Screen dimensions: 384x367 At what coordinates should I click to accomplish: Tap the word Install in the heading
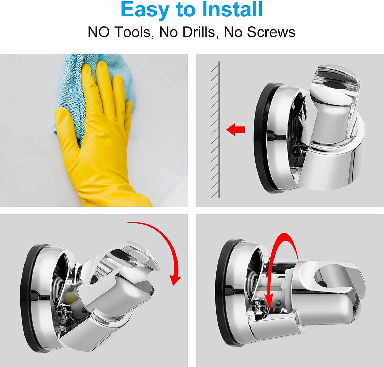coord(233,9)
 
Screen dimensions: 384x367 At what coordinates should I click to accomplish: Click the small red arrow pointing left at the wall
coord(235,130)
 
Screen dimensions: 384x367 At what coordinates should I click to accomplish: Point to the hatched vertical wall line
coord(219,130)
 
